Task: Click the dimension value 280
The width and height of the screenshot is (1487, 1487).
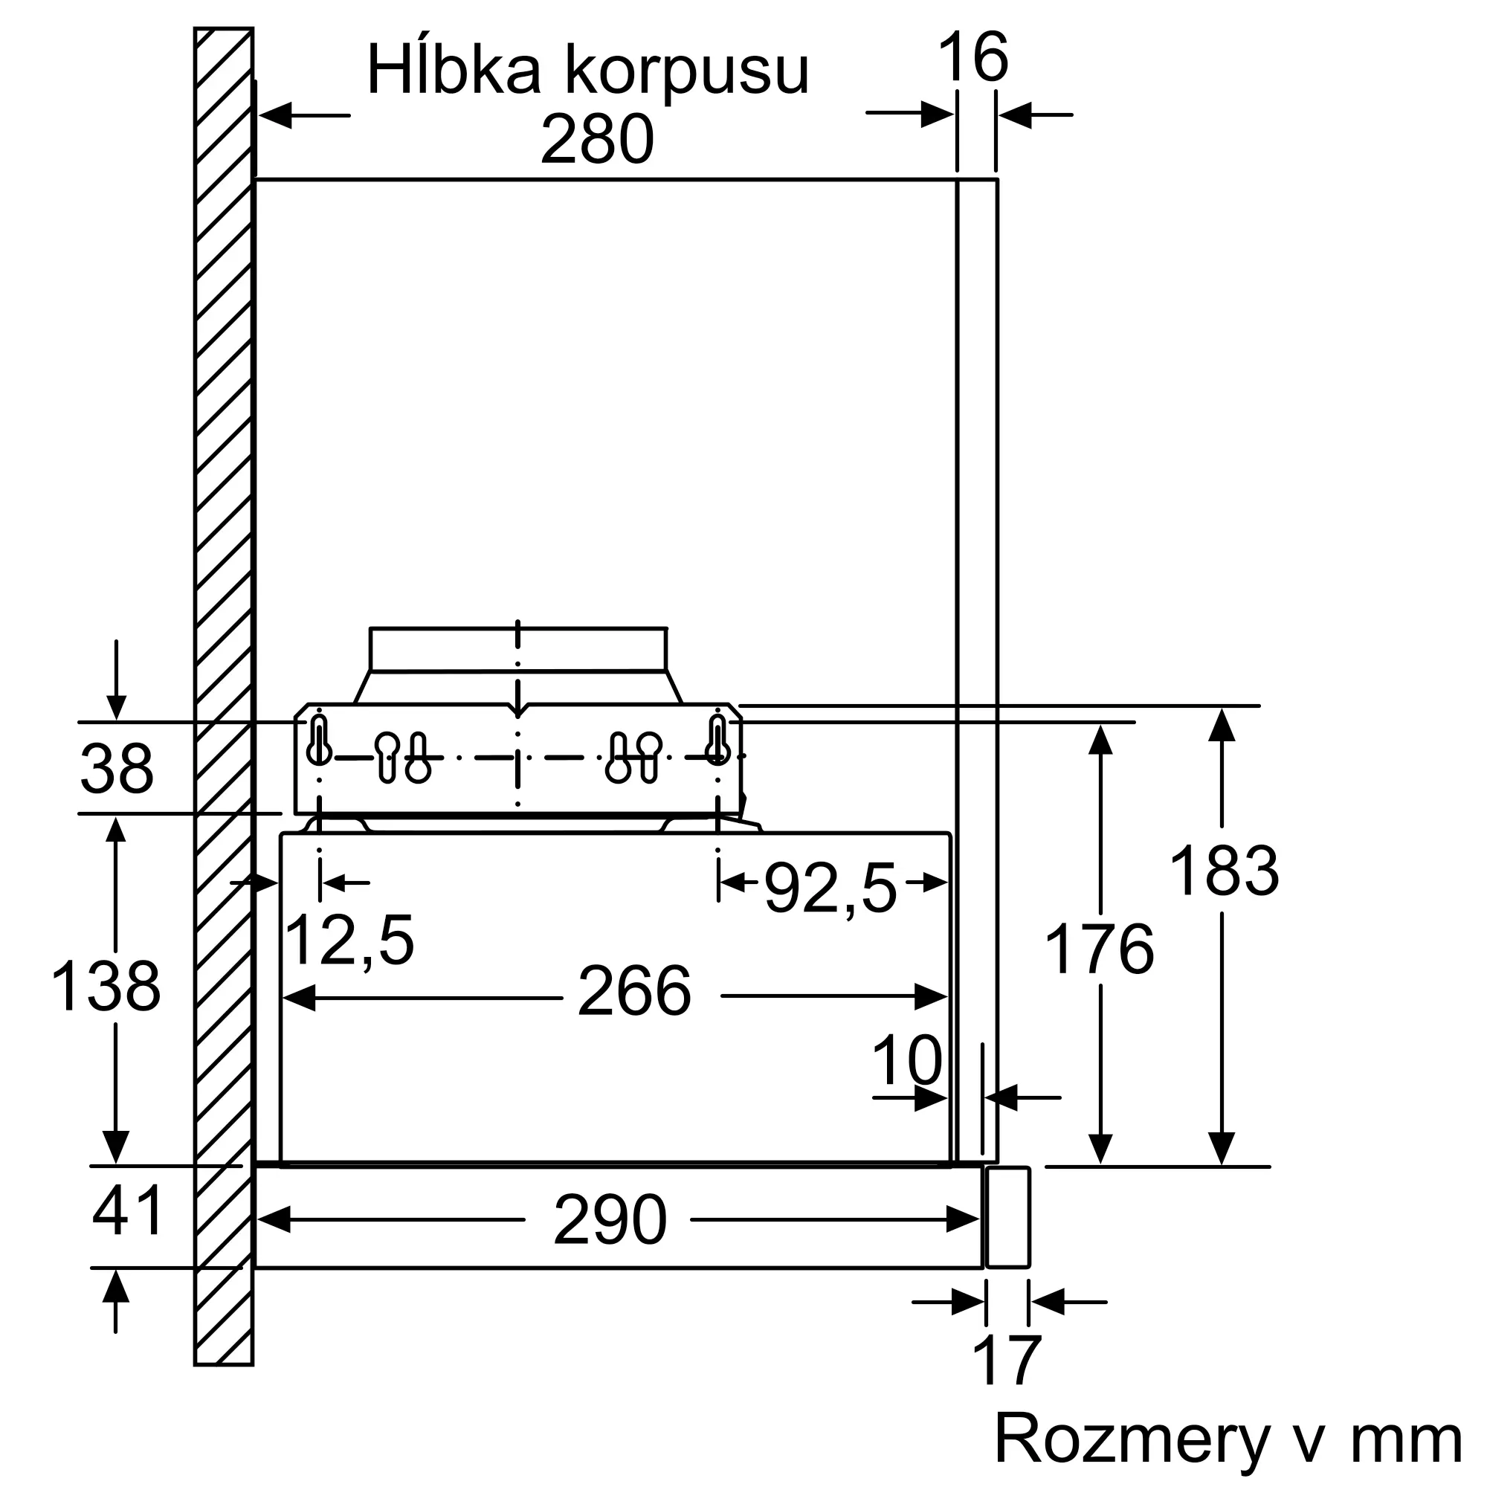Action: (x=597, y=139)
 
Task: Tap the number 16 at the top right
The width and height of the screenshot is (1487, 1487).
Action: (x=972, y=57)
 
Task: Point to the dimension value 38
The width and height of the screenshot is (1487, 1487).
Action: (x=117, y=768)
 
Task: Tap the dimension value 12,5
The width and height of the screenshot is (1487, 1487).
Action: (x=349, y=941)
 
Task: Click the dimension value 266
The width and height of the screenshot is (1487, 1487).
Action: (x=634, y=990)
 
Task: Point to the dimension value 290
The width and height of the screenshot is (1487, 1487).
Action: (x=610, y=1220)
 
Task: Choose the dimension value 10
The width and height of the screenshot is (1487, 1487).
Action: (x=906, y=1061)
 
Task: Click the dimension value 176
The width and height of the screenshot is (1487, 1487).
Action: (x=1099, y=949)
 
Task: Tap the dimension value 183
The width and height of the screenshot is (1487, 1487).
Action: (x=1224, y=871)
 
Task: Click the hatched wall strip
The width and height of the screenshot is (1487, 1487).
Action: (x=224, y=697)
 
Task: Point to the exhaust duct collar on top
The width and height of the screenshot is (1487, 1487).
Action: (x=518, y=650)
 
